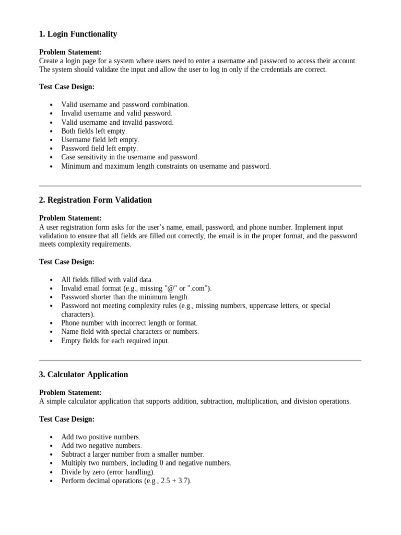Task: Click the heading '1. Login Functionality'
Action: pos(78,34)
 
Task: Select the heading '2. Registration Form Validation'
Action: pos(95,200)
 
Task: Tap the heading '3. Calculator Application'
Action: pos(84,374)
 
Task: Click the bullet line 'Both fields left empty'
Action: pos(94,131)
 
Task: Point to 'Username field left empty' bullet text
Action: pos(100,140)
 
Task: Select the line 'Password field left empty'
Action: pos(99,148)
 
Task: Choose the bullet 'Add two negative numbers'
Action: pos(101,446)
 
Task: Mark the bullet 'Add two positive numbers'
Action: pos(101,437)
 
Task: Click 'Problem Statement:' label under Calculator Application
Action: pos(70,392)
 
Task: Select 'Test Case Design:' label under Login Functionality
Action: pos(67,87)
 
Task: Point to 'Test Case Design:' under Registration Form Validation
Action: pos(67,262)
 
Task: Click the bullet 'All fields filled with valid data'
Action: pos(107,280)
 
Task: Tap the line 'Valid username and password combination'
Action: pos(125,104)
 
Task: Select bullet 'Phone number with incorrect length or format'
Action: pos(129,323)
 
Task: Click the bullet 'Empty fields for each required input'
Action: pos(115,341)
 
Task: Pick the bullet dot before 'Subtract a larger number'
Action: pos(51,455)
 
